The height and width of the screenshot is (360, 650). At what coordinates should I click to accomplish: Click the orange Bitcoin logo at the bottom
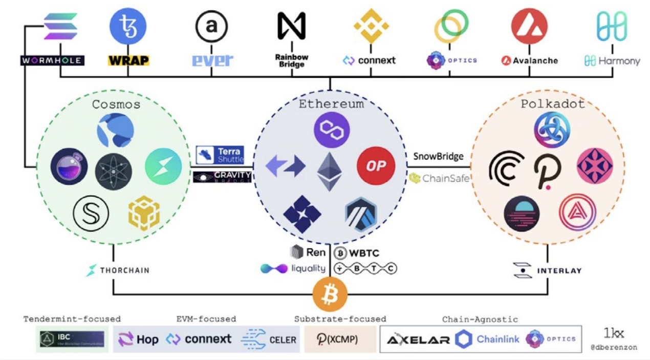[330, 294]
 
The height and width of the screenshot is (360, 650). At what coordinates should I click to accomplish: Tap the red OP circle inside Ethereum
[376, 165]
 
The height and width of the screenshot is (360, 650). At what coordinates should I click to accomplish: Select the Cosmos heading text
[116, 104]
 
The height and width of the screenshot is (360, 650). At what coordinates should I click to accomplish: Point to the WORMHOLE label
[52, 60]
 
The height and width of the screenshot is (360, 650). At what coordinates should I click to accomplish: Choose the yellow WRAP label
[128, 61]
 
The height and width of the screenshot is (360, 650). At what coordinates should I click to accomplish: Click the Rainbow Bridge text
[292, 61]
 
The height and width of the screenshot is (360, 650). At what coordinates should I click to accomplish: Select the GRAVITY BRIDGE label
[222, 177]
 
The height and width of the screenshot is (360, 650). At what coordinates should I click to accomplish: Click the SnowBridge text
[438, 156]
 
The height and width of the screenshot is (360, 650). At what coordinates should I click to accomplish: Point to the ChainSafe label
[439, 179]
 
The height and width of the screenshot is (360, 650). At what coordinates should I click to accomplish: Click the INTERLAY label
[548, 270]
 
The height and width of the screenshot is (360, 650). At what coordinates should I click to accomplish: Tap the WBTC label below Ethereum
[357, 253]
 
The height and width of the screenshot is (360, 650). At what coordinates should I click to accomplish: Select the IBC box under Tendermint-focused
[72, 339]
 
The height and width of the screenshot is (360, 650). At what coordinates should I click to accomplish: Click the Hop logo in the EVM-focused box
[138, 339]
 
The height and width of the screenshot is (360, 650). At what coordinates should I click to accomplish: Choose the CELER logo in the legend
[269, 339]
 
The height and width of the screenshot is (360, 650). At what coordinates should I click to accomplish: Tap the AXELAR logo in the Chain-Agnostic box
[418, 339]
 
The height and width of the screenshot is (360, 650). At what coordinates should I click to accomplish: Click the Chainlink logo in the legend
[487, 339]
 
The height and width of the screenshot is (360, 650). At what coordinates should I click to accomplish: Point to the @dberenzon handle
[614, 347]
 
